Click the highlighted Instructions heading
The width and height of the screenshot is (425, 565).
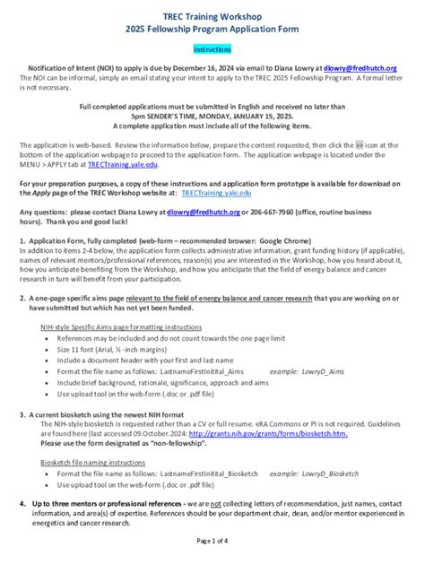[212, 51]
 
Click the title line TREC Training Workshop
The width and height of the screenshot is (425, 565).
[212, 16]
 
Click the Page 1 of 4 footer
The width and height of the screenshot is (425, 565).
[212, 541]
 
